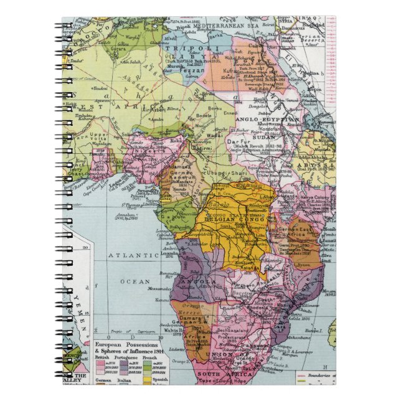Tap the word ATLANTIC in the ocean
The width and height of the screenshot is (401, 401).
click(x=133, y=255)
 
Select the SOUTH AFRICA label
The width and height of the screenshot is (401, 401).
click(x=217, y=374)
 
